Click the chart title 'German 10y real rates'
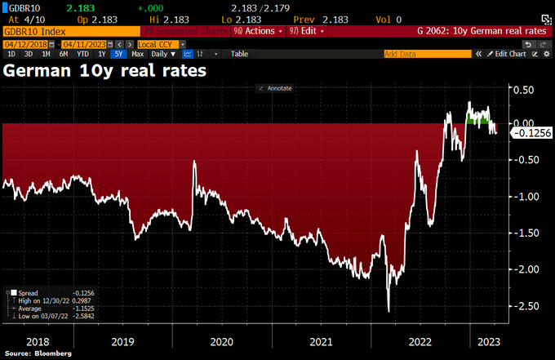tap(105, 70)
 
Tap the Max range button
tap(138, 54)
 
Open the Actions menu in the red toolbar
tap(255, 31)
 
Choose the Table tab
tap(240, 54)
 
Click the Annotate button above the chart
tap(275, 87)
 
